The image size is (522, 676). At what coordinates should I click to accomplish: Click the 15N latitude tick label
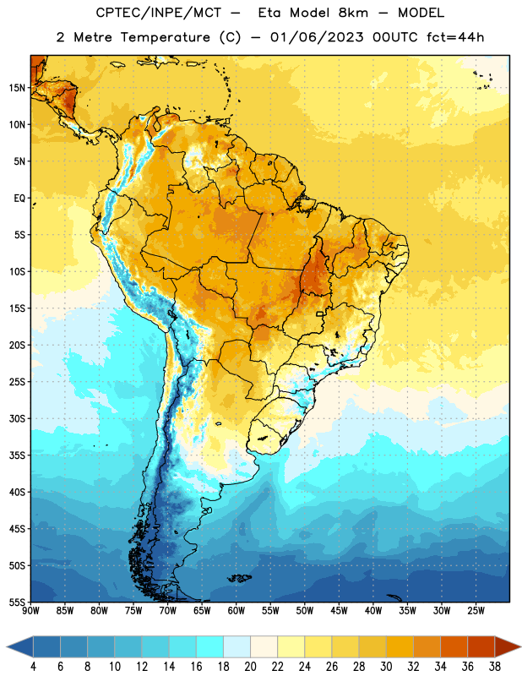point(17,88)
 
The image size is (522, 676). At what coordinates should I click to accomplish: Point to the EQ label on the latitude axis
point(19,199)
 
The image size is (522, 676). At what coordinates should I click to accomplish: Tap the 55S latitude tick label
point(17,602)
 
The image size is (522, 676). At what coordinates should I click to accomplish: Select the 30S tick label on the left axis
point(17,418)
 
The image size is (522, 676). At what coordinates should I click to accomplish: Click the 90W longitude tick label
point(30,610)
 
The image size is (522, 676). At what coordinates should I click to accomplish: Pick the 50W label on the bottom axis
point(305,610)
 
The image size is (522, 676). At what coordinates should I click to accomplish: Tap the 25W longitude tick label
point(476,610)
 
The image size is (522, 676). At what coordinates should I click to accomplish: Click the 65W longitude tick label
point(202,610)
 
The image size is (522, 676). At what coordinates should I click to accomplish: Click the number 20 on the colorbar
point(250,667)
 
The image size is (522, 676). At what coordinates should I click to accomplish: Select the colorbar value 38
point(495,667)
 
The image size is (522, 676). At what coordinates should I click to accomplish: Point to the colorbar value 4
point(33,667)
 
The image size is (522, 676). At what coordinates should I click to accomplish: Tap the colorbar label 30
point(386,667)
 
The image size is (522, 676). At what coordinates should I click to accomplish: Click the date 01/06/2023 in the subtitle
point(317,37)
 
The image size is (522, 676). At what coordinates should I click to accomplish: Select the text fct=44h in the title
point(455,37)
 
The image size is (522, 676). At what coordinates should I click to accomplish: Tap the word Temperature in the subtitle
point(165,37)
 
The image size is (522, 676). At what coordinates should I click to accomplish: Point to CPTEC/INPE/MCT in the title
point(159,13)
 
